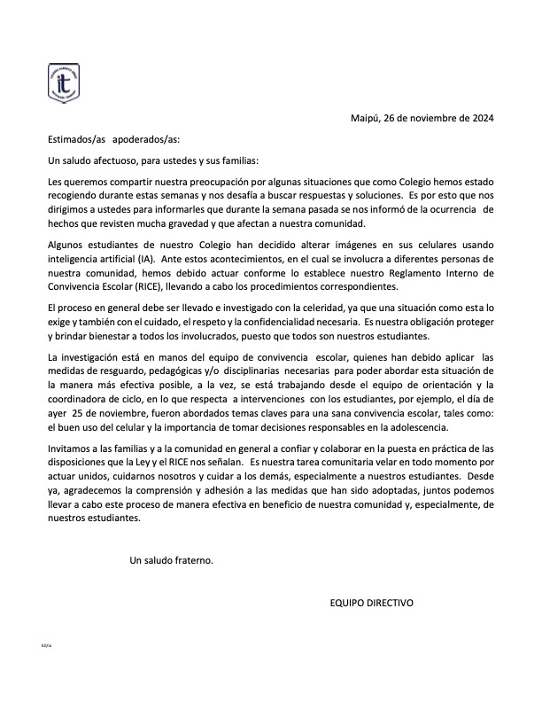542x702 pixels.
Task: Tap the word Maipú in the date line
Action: point(367,117)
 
